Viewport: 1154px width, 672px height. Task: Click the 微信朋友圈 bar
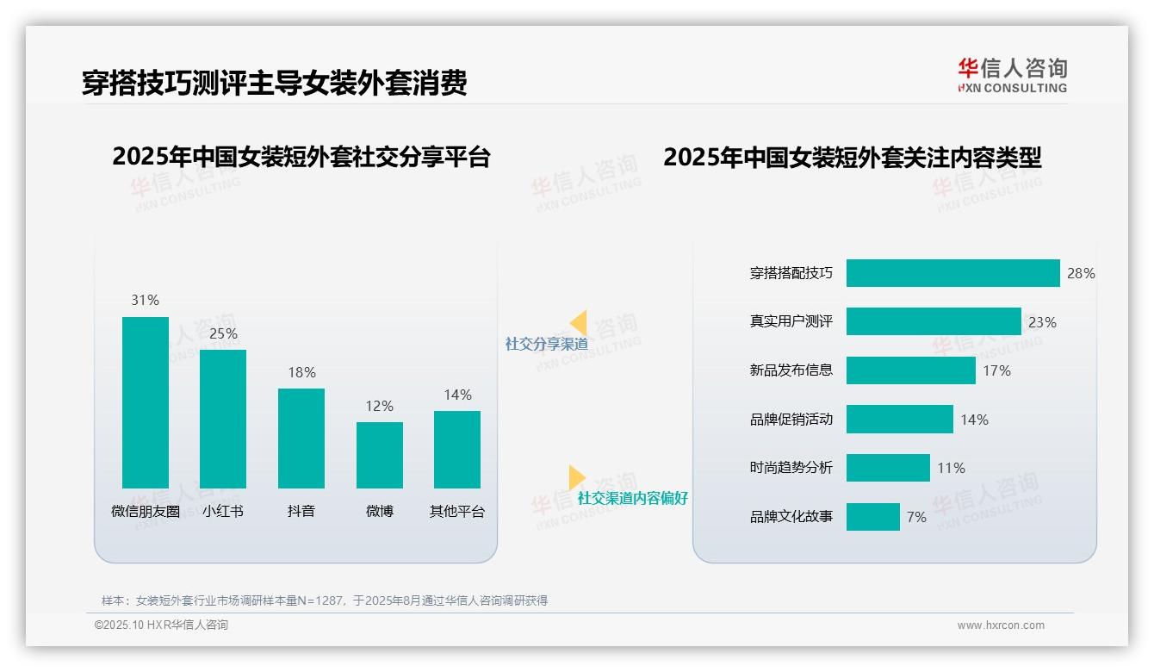[x=146, y=402]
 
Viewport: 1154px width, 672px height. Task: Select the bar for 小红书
[x=223, y=419]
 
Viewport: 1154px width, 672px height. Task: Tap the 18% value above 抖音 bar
[x=301, y=372]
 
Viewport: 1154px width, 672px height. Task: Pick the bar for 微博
[x=379, y=455]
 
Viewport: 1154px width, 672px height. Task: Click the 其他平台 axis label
[x=457, y=511]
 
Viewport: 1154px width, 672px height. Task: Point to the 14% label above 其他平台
[x=457, y=395]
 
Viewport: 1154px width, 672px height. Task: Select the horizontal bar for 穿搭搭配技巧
[x=952, y=273]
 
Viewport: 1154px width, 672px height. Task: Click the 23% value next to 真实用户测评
[x=1042, y=322]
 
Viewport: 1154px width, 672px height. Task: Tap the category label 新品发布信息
[x=791, y=370]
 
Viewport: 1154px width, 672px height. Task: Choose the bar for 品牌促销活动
[x=899, y=420]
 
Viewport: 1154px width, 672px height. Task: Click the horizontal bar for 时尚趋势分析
[x=888, y=468]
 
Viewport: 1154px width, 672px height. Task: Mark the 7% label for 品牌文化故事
[x=916, y=517]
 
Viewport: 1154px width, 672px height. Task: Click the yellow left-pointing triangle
[x=579, y=322]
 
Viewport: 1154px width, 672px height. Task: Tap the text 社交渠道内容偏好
[x=632, y=498]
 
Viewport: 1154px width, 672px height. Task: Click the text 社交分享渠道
[x=546, y=344]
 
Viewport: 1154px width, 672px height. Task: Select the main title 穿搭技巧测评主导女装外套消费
[x=274, y=83]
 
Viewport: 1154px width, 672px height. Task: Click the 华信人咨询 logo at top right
[x=1012, y=75]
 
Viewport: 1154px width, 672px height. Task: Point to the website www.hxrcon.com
[x=1000, y=625]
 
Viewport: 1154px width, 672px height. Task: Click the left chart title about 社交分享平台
[x=301, y=157]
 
